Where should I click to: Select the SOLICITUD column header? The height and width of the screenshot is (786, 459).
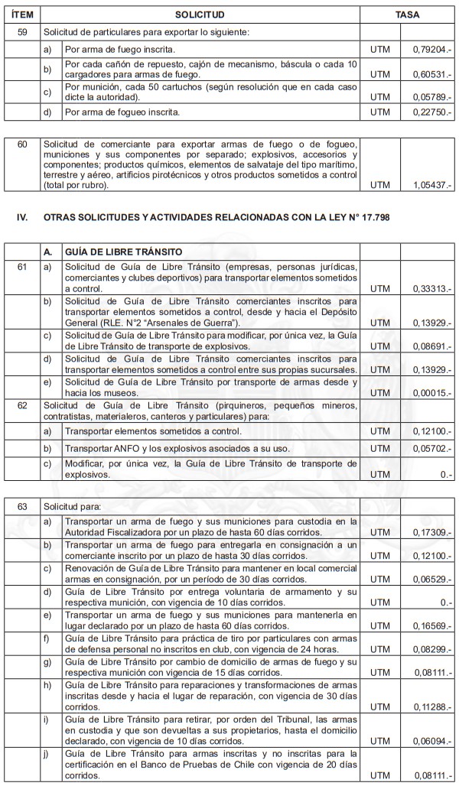coord(200,15)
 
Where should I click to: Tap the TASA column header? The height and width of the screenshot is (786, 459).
coord(407,15)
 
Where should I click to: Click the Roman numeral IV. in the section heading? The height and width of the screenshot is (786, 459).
coord(22,217)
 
